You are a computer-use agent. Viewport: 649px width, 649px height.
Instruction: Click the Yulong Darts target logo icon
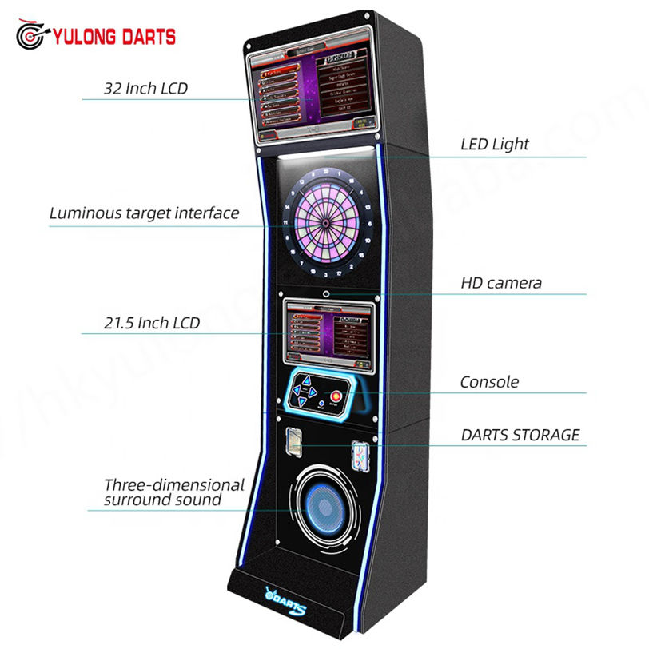(x=32, y=35)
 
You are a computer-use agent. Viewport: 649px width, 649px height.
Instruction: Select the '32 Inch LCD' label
(x=145, y=88)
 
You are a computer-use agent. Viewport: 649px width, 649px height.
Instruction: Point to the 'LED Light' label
(x=495, y=145)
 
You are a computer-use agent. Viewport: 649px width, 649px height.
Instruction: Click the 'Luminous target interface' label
(x=144, y=213)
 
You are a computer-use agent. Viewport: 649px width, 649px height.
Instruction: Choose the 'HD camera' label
(x=501, y=282)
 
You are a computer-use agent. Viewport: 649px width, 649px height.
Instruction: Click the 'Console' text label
(x=489, y=382)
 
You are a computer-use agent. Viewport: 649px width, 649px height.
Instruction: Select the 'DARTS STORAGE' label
(x=520, y=435)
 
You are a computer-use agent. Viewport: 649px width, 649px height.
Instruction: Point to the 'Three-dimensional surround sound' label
(x=174, y=492)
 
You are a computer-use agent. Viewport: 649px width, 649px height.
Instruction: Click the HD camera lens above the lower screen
(x=325, y=293)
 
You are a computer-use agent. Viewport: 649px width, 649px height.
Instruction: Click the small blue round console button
(x=321, y=404)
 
